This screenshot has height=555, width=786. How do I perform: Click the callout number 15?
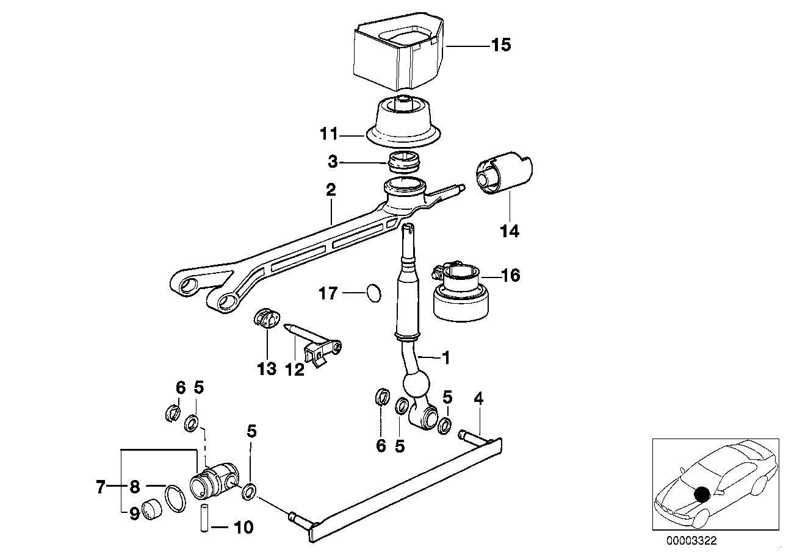501,45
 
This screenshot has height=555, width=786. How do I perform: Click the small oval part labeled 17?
373,293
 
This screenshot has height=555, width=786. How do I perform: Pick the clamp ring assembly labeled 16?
462,293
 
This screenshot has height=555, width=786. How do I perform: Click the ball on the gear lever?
416,386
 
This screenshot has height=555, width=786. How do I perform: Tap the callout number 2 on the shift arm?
330,190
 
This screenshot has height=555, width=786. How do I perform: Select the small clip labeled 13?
265,319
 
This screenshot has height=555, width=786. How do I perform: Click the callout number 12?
295,369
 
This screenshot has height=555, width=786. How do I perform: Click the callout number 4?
478,399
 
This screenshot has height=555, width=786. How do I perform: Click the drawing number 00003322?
692,540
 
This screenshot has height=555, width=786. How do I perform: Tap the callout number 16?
510,276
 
